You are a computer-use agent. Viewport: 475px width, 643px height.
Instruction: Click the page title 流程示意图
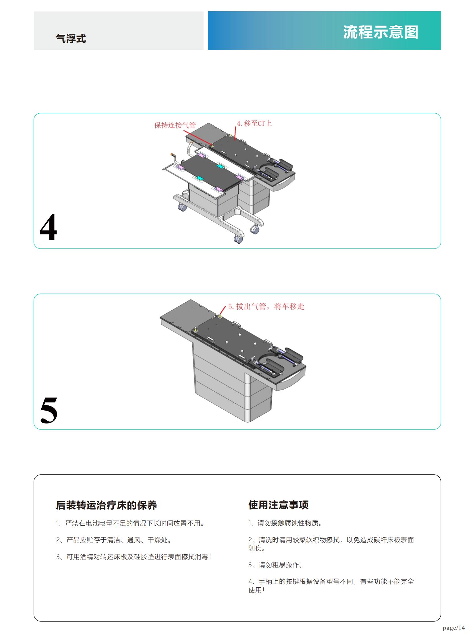coord(381,32)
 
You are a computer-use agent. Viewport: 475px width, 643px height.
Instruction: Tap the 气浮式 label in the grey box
coord(71,38)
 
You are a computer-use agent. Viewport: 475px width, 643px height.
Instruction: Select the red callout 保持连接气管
coord(175,125)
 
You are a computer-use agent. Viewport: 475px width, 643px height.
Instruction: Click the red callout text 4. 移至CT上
coord(254,124)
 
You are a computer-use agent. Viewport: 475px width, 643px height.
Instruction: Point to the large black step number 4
coord(48,227)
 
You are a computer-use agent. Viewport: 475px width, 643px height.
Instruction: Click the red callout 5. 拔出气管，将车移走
coord(266,306)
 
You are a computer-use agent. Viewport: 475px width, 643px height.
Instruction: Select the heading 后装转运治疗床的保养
coord(106,505)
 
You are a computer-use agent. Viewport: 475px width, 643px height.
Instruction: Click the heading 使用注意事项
coord(278,505)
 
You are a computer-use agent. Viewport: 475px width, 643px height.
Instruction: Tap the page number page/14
coord(454,628)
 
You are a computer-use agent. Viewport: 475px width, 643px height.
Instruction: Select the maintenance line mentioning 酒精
coord(134,557)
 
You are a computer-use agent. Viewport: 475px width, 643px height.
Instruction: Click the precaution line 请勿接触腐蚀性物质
coord(285,523)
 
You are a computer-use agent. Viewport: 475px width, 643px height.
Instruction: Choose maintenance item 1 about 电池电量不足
coord(131,523)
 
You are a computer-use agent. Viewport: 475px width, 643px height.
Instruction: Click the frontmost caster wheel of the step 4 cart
coord(238,239)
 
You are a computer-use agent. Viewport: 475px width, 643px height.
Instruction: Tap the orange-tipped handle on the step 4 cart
coord(173,155)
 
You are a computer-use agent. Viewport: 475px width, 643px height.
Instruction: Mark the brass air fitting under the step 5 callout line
coord(220,316)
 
